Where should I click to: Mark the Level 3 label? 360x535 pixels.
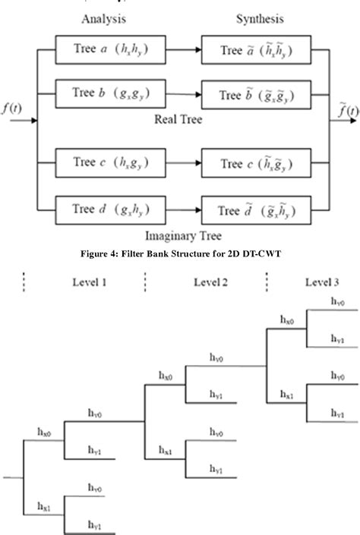click(325, 282)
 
